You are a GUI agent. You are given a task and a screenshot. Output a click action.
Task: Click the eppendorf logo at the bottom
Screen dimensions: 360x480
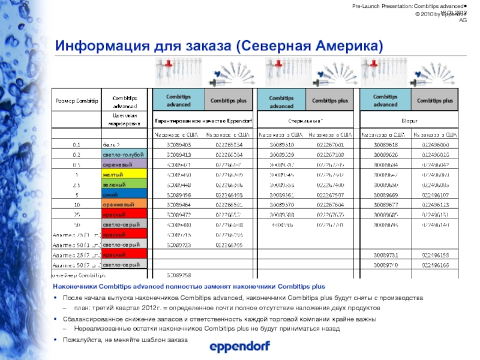239,347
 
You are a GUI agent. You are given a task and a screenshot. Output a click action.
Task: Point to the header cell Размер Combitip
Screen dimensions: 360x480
77,100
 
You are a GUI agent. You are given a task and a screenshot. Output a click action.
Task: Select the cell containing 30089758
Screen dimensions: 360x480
179,275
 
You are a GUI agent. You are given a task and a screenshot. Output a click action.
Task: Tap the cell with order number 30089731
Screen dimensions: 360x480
385,255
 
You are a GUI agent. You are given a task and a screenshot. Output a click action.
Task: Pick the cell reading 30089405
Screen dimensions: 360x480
179,145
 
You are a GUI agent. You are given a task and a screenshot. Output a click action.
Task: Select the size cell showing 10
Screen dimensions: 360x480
77,205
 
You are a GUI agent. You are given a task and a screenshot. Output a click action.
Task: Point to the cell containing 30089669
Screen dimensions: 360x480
385,194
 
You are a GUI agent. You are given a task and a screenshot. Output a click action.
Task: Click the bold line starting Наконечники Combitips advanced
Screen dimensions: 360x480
189,287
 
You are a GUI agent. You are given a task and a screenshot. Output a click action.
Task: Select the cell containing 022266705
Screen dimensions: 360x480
229,245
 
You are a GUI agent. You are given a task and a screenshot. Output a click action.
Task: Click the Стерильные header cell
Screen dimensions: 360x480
306,121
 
